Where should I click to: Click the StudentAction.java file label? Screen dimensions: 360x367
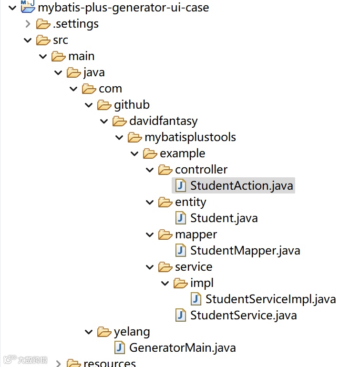(x=242, y=185)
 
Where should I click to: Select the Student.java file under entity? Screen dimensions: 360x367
(x=224, y=218)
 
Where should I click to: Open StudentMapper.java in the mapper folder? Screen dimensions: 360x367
(x=245, y=250)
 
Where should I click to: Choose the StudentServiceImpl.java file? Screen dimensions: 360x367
(x=270, y=299)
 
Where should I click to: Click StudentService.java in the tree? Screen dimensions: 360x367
(x=243, y=315)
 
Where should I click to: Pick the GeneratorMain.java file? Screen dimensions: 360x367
(x=182, y=347)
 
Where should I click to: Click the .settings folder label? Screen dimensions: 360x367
(x=76, y=24)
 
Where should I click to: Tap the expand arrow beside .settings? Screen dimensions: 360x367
(x=28, y=24)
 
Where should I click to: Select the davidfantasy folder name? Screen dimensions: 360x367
(x=163, y=121)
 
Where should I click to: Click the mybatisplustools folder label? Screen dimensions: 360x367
(x=190, y=137)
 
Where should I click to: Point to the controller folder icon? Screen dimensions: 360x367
(x=165, y=170)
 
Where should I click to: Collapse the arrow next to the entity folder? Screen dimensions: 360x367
(x=150, y=203)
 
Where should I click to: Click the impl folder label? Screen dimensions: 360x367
(x=202, y=283)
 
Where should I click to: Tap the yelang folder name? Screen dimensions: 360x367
(x=132, y=332)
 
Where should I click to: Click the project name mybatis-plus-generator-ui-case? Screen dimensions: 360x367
(x=123, y=8)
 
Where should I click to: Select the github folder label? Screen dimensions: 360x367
(x=132, y=105)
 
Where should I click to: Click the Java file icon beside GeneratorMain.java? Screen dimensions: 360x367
(x=120, y=347)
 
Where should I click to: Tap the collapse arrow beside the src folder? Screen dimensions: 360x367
(x=28, y=40)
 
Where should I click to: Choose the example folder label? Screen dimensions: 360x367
(x=183, y=153)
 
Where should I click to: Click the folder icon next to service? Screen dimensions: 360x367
(x=165, y=267)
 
